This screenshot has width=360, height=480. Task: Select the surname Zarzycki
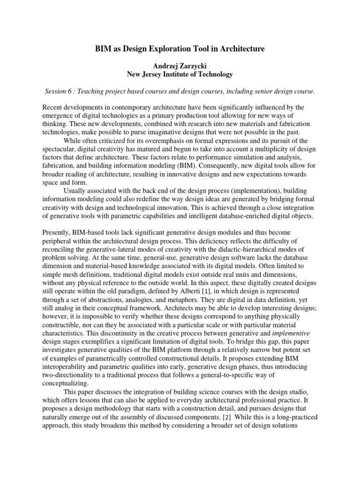pyautogui.click(x=192, y=65)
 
